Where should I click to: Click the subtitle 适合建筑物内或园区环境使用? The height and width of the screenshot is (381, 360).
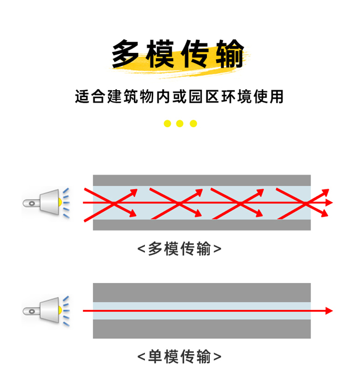(180, 97)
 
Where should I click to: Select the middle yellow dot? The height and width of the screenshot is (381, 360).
(180, 123)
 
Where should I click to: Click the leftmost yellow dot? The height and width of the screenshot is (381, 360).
(167, 123)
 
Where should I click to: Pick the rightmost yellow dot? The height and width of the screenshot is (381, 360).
(193, 123)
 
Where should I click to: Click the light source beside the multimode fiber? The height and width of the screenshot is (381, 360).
(46, 202)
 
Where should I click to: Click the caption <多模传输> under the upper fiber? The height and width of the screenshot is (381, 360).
(180, 249)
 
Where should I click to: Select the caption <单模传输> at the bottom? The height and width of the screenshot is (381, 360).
(180, 356)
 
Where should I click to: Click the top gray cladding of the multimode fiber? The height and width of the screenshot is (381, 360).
(202, 180)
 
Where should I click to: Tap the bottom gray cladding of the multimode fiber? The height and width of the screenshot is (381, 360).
(202, 225)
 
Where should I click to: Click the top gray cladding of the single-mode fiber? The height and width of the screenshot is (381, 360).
(202, 292)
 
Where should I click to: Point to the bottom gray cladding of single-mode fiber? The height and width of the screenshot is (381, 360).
(202, 329)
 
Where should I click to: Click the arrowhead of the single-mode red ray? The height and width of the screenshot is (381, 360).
(329, 311)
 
